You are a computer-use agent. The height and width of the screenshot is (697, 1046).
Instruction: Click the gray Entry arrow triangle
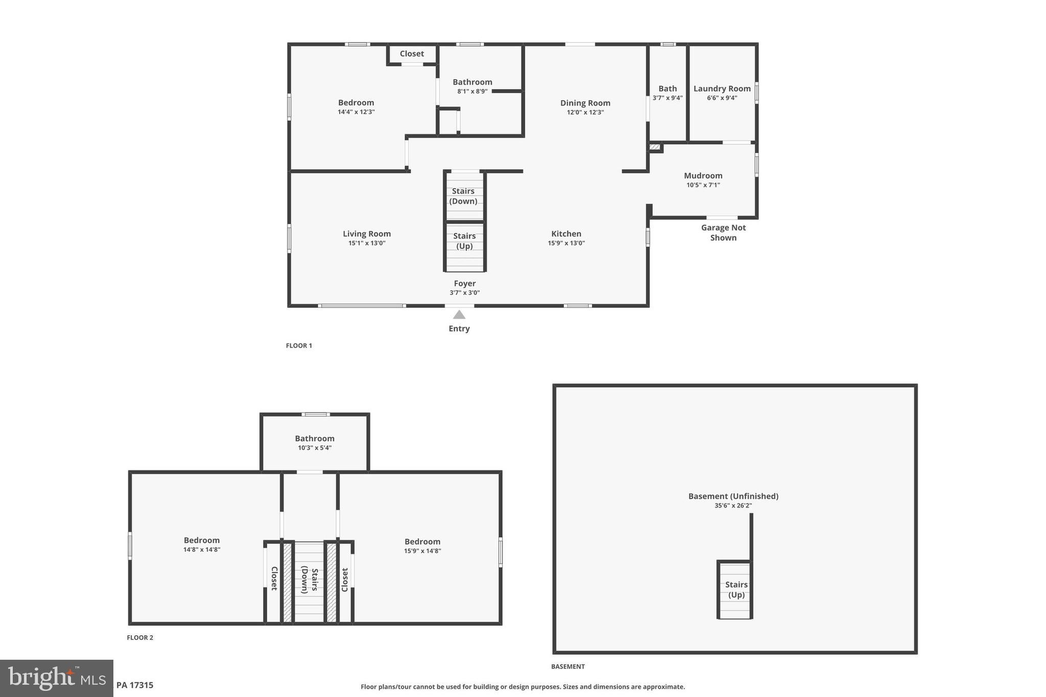459,315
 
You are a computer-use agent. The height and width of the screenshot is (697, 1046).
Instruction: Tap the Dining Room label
585,103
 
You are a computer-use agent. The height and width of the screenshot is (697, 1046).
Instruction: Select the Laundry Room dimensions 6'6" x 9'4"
722,98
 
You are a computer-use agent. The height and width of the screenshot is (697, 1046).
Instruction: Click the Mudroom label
703,176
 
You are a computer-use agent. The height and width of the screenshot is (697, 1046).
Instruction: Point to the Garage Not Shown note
723,233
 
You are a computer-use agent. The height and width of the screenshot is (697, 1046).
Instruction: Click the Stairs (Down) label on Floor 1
463,196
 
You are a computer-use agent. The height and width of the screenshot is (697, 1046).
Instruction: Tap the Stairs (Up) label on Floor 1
464,241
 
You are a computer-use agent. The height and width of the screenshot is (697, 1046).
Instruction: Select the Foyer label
465,283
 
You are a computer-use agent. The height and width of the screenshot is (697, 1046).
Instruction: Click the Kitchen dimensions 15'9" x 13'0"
566,244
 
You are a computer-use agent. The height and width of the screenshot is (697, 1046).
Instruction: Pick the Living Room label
367,234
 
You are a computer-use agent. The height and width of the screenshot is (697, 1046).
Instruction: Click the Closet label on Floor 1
412,54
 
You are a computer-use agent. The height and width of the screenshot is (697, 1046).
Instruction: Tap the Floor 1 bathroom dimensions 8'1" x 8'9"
472,91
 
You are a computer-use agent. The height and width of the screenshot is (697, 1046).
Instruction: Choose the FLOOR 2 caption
140,638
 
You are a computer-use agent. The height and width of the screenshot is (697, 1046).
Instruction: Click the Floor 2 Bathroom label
315,439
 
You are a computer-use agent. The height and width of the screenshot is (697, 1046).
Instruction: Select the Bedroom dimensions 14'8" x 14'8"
202,550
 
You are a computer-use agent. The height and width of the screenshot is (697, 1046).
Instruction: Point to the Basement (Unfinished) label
733,496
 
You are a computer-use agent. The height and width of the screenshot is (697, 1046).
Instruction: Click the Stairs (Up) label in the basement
736,590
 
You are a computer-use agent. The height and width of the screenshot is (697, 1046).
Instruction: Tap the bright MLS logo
57,678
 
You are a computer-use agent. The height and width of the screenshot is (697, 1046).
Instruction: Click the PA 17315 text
135,685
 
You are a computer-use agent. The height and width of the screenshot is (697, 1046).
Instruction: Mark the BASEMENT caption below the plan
567,666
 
